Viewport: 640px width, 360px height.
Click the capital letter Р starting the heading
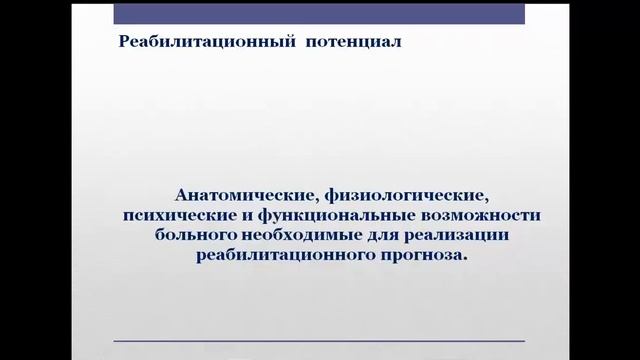click(124, 42)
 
